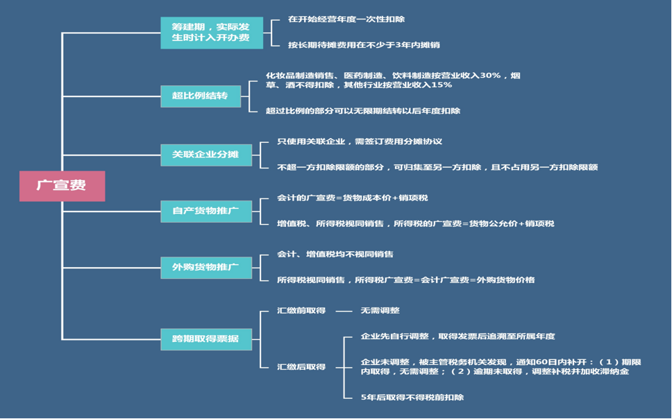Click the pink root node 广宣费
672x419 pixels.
coord(62,186)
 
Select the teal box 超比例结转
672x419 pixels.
coord(200,96)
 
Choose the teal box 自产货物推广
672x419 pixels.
coord(205,211)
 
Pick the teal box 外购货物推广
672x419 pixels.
coord(205,267)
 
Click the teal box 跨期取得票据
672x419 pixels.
coord(205,339)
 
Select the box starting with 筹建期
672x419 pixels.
coord(212,33)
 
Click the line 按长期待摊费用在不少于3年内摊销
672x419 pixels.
coord(364,45)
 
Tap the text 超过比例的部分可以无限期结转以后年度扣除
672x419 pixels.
coord(363,110)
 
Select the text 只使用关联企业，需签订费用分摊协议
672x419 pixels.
coord(360,142)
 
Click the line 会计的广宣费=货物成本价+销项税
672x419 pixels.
coord(353,198)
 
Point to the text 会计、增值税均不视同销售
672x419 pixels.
coord(335,255)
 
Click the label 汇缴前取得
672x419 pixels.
coord(301,311)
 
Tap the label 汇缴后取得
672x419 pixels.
coord(301,367)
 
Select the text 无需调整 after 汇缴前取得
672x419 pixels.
coord(380,311)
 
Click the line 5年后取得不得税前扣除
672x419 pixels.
coord(412,397)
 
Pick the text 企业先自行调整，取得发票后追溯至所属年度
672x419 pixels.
coord(458,336)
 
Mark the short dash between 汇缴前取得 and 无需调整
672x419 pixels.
coord(344,311)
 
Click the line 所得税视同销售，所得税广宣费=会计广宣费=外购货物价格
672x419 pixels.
coord(406,280)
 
